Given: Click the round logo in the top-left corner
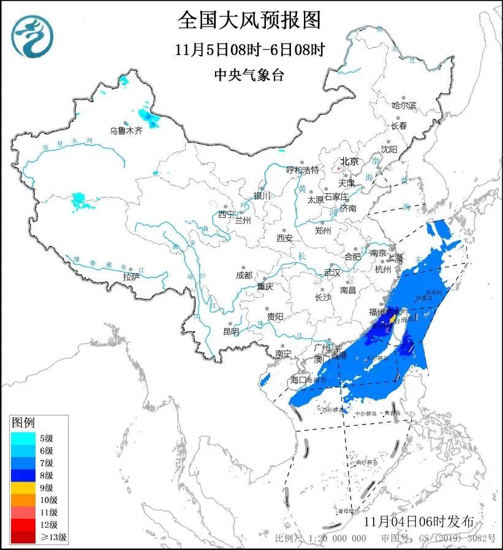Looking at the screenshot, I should (32, 35).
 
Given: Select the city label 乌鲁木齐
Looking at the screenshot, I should (126, 130).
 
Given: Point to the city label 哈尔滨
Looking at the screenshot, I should (404, 105).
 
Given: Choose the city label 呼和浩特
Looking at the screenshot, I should (303, 169).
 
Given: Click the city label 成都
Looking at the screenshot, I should (243, 275).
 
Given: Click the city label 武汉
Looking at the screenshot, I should (331, 272).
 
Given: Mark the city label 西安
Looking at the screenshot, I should (285, 237).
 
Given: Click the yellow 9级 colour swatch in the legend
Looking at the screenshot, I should (23, 488).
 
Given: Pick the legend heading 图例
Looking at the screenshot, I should (24, 422).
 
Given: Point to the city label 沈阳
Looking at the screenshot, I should (388, 149).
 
